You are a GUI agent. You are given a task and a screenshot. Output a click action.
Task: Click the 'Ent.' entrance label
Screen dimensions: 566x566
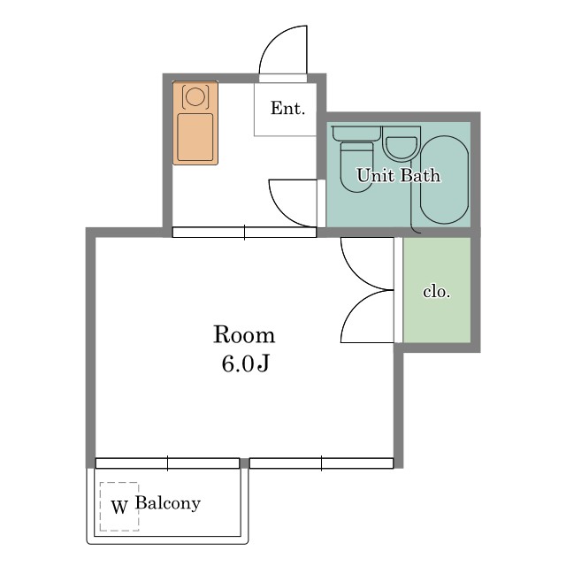[287, 108]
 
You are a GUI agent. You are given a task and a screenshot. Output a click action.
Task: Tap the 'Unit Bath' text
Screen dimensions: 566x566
[399, 175]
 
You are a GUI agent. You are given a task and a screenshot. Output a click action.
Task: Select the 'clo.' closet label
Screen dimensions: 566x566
[437, 291]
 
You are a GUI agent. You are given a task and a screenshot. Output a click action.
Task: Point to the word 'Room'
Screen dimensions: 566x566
[244, 334]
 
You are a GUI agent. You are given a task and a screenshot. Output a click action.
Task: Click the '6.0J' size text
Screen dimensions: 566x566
[246, 363]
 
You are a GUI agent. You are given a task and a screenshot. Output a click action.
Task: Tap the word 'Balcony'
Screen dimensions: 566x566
[168, 503]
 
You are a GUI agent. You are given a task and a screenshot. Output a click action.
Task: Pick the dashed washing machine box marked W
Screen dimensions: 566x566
[119, 507]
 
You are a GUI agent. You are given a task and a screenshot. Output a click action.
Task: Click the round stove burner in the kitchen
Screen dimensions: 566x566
[195, 96]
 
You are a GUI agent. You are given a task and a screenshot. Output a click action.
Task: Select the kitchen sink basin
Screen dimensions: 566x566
[195, 137]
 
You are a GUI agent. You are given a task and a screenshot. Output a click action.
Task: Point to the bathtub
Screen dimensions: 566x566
[444, 180]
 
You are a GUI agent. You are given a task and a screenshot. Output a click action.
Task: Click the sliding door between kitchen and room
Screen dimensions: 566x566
[244, 232]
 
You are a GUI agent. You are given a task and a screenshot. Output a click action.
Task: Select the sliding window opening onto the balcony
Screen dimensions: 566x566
[167, 463]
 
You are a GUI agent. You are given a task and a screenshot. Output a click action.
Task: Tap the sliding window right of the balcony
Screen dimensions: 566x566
[321, 463]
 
